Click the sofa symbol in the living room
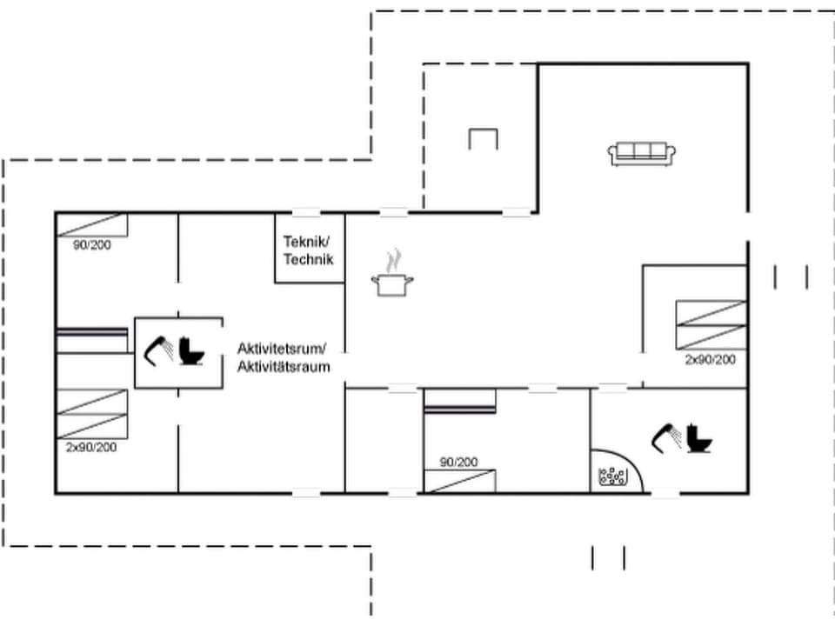click(x=643, y=154)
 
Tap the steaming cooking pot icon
click(x=393, y=276)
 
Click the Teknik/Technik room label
click(x=308, y=250)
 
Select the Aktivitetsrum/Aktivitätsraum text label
click(x=284, y=357)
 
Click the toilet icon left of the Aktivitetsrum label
click(x=191, y=350)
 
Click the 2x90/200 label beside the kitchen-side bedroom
click(x=710, y=359)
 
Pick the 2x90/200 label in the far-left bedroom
click(x=91, y=447)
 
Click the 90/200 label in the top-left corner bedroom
click(x=91, y=245)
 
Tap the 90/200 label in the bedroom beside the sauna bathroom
click(x=458, y=462)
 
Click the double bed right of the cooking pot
click(x=711, y=325)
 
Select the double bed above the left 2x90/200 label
click(x=91, y=413)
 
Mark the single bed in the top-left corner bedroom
click(x=92, y=224)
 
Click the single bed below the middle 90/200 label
click(x=459, y=481)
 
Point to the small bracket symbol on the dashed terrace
click(x=483, y=138)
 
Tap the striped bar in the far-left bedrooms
click(x=92, y=331)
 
